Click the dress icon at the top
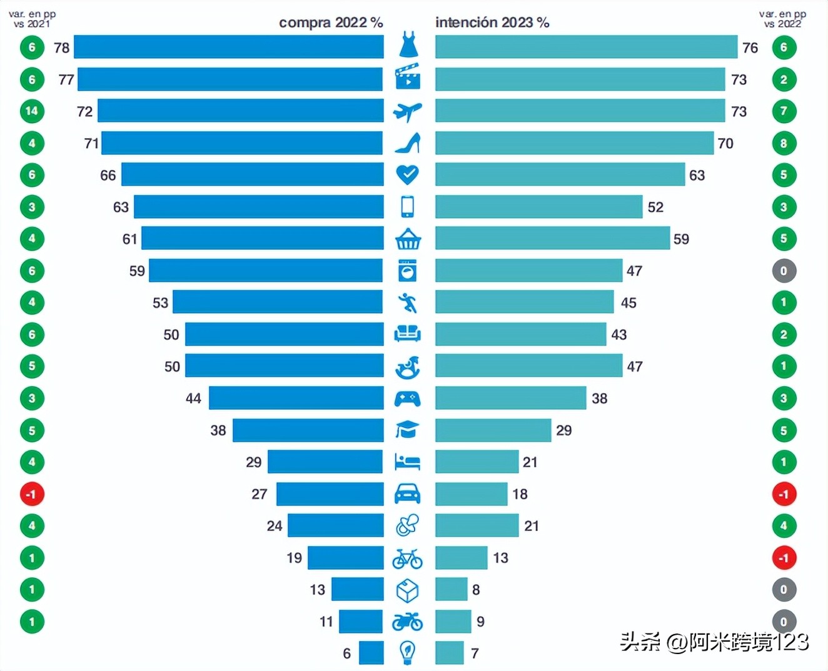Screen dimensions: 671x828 [408, 46]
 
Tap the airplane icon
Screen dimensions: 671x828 [408, 111]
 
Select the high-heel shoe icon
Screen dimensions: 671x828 [408, 143]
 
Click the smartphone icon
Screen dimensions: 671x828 [408, 206]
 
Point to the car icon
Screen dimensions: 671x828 [408, 494]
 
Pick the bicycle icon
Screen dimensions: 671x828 [408, 558]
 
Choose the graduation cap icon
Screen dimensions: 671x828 [408, 429]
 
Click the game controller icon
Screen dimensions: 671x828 [408, 398]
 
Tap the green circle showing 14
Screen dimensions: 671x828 [32, 111]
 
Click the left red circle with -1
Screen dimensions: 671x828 [32, 494]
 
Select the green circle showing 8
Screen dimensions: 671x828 [784, 143]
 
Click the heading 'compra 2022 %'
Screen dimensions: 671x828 [330, 22]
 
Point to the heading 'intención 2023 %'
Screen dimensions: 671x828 [492, 22]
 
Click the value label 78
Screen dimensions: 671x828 [62, 47]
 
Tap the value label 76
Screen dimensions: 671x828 [750, 47]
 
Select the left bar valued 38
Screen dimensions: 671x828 [308, 430]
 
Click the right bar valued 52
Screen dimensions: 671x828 [538, 207]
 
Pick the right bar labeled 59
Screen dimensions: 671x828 [552, 239]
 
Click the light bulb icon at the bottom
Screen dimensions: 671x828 [408, 653]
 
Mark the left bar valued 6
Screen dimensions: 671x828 [371, 653]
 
